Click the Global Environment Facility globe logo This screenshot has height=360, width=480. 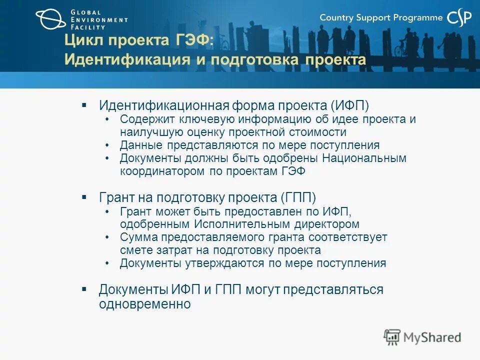(50, 19)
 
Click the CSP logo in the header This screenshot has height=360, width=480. (459, 18)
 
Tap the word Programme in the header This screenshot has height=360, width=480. (418, 18)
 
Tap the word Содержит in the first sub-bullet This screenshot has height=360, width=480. (143, 119)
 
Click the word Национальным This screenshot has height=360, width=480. (364, 158)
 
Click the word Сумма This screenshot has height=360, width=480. (135, 237)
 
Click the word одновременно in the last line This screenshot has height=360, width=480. (144, 304)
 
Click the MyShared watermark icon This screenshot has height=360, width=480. (392, 337)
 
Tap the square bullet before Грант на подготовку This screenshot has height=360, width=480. (84, 197)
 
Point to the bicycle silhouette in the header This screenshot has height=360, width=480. (401, 48)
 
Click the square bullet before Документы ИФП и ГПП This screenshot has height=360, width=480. (84, 289)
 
